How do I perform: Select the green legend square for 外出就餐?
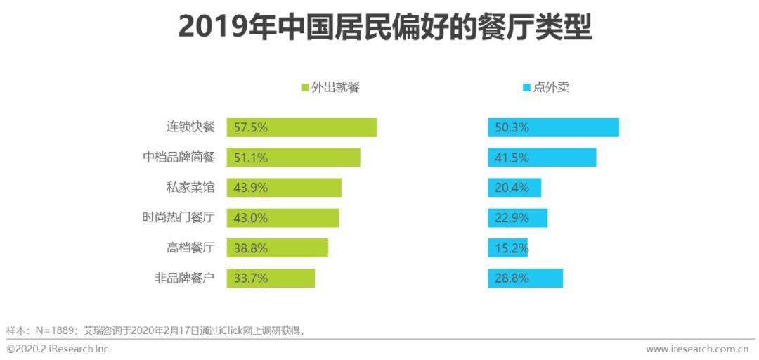[305, 88]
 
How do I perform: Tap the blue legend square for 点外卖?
[526, 88]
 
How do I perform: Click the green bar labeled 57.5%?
[301, 127]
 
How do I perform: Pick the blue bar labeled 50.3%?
[553, 127]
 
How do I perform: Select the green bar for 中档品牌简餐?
[293, 157]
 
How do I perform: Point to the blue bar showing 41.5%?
[542, 157]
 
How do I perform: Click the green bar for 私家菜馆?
[284, 188]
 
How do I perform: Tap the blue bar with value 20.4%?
[514, 188]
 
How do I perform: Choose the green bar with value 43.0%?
[283, 218]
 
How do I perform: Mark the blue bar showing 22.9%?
[517, 218]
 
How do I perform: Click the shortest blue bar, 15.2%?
[507, 248]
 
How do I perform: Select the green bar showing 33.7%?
[271, 278]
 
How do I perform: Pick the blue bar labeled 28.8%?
[525, 278]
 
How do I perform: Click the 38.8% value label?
[251, 248]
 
